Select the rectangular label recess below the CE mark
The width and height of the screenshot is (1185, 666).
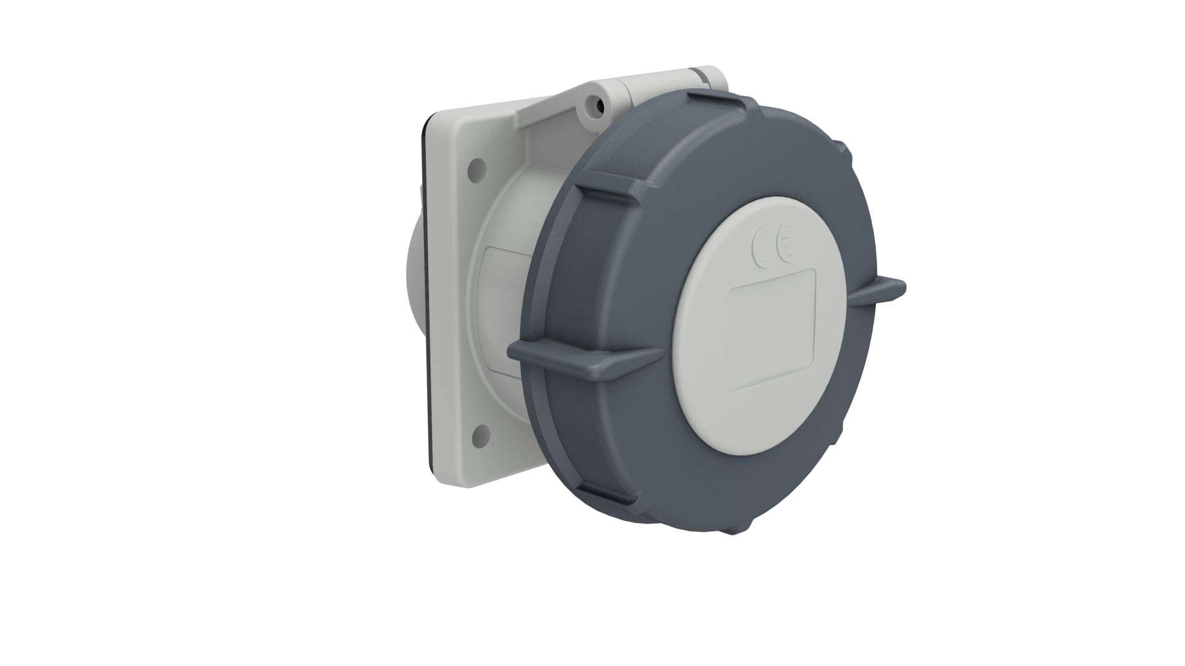(x=773, y=330)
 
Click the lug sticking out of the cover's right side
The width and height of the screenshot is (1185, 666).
(x=876, y=290)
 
